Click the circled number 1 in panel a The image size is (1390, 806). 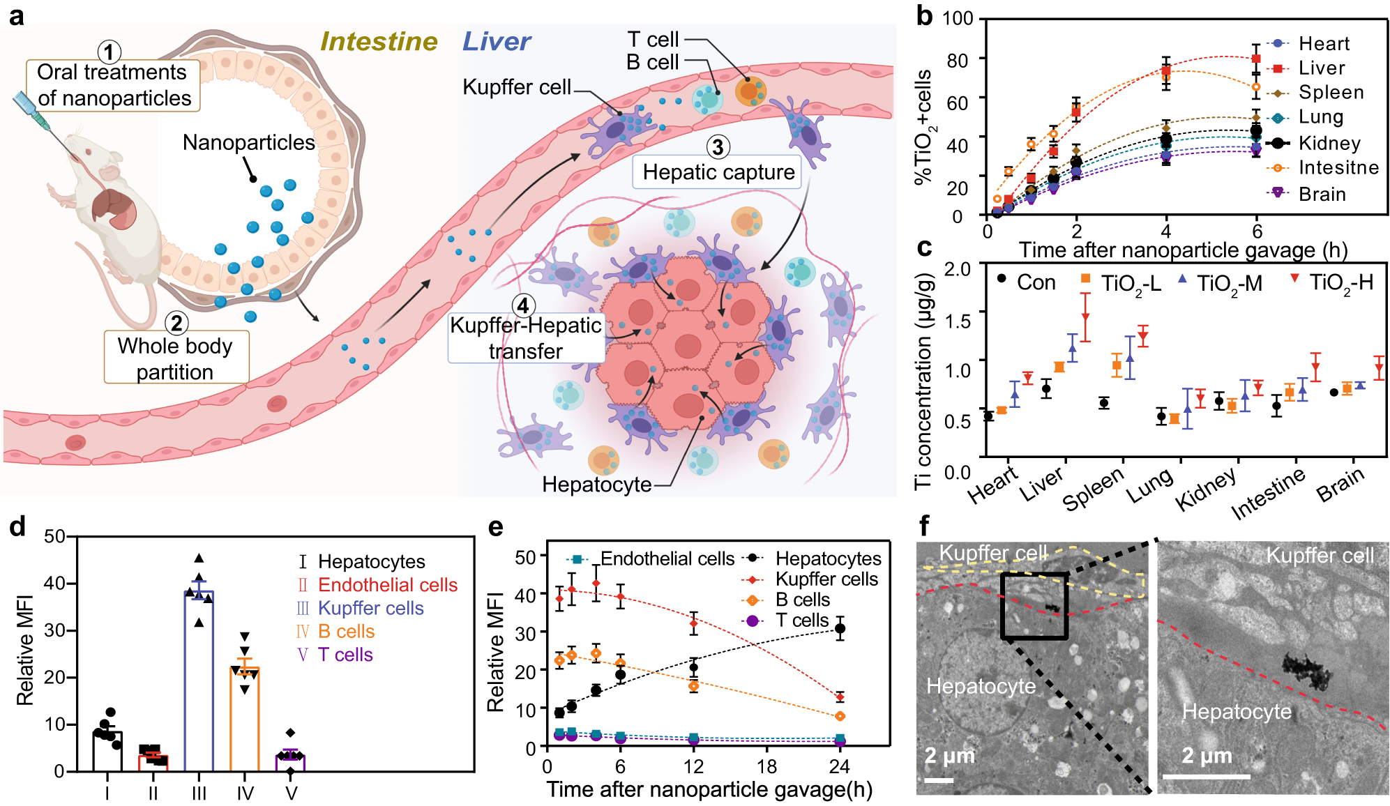coord(109,52)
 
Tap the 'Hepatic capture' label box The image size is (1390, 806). coord(718,172)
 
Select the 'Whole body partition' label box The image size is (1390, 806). coord(175,358)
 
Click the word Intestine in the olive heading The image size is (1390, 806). coord(378,42)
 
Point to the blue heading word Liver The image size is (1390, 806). coord(496,42)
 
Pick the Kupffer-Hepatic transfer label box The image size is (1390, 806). coord(525,338)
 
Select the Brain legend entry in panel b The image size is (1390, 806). coord(1321,194)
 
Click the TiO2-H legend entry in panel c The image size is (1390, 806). coord(1340,282)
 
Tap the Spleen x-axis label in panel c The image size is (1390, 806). coord(1093,488)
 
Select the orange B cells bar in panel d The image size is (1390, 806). coord(245,718)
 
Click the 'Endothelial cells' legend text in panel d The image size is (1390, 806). coord(387,585)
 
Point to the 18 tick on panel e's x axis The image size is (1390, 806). coord(766,767)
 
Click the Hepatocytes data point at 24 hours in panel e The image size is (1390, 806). coord(840,629)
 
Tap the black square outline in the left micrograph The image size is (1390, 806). coord(1034,605)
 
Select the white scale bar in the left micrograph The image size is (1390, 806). coord(939,780)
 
